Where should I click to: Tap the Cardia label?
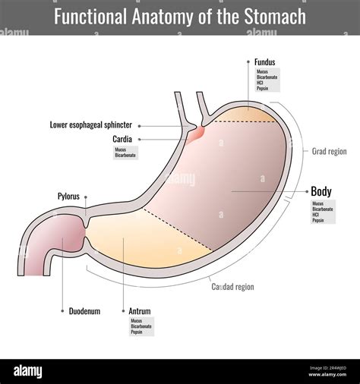pyautogui.click(x=124, y=139)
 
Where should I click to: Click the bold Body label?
pyautogui.click(x=321, y=191)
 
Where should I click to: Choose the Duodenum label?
pyautogui.click(x=84, y=310)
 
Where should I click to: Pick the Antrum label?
pyautogui.click(x=140, y=310)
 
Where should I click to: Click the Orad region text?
pyautogui.click(x=329, y=151)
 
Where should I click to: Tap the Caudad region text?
pyautogui.click(x=232, y=287)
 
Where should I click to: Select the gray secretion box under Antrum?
pyautogui.click(x=141, y=326)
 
